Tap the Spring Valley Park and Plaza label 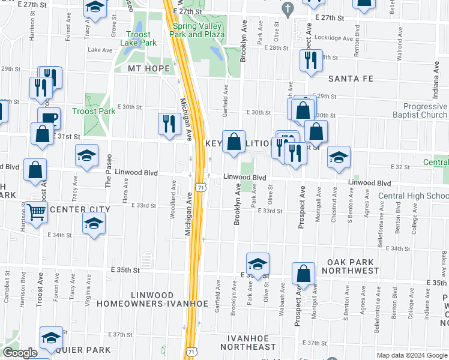pos(198,31)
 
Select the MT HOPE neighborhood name pos(149,68)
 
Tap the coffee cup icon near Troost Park pos(49,118)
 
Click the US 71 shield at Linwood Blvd pos(203,187)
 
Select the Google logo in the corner pos(19,353)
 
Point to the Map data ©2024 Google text pos(412,355)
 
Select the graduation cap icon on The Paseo pos(87,155)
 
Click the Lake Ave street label pos(97,50)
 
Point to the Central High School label pos(414,196)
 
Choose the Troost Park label pos(93,111)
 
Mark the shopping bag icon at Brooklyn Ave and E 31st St pos(234,142)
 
